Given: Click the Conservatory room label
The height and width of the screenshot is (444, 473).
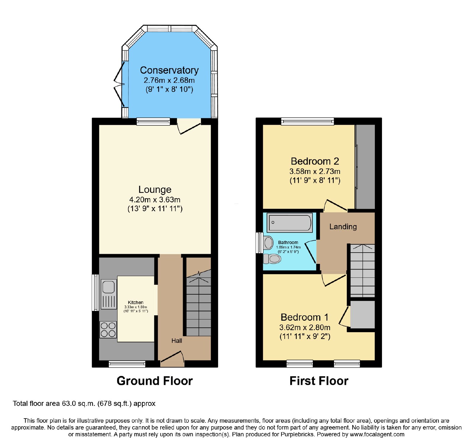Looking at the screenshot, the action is point(169,70).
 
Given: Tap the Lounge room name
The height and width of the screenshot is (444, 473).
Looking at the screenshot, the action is point(155,189).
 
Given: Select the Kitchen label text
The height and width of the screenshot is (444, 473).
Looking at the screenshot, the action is point(136,302).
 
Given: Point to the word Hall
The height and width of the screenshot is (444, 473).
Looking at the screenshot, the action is point(177,341).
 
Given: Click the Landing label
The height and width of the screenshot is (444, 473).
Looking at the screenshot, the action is point(343,227).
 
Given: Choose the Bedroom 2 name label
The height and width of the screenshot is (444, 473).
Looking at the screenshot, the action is point(315,161).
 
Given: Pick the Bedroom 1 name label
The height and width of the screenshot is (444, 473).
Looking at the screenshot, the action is point(305,317).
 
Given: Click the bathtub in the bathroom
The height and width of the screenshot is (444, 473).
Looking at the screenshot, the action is point(290,222).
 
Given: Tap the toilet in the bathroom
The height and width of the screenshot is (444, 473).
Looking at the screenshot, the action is point(272,259).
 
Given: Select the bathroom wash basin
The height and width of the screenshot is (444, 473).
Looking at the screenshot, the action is point(268,243).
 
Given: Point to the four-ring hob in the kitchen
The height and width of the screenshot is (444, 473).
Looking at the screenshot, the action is point(108,330).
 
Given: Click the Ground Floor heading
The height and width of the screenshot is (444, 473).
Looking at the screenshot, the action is point(155,381).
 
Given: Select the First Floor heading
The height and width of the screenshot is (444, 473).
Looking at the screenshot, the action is point(319,381).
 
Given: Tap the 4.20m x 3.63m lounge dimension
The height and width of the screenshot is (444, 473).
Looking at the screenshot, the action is point(155,200).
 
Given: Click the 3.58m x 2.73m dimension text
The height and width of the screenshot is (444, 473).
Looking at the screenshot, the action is point(315,171).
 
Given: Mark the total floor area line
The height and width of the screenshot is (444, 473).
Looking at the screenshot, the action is point(84,403).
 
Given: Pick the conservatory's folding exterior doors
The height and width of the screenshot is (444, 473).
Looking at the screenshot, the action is point(119,84).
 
